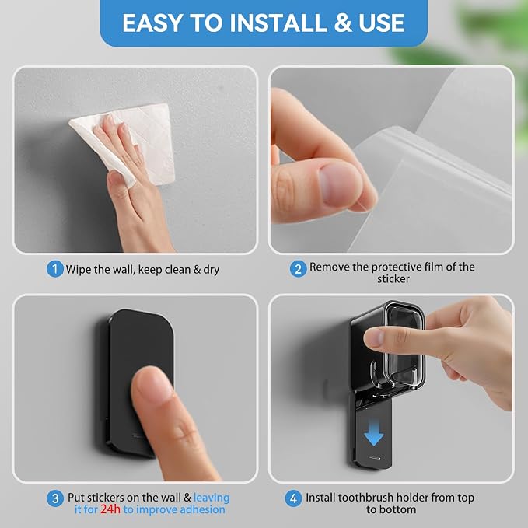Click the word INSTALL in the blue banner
tap(278, 23)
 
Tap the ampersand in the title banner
tap(342, 23)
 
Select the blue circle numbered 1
tap(55, 269)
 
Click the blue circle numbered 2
tap(299, 269)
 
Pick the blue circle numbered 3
tap(55, 498)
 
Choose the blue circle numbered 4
tap(294, 498)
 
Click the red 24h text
tap(110, 509)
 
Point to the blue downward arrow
tap(374, 432)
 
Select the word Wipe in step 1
tap(78, 270)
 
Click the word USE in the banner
tap(382, 23)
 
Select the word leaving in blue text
tap(212, 498)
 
